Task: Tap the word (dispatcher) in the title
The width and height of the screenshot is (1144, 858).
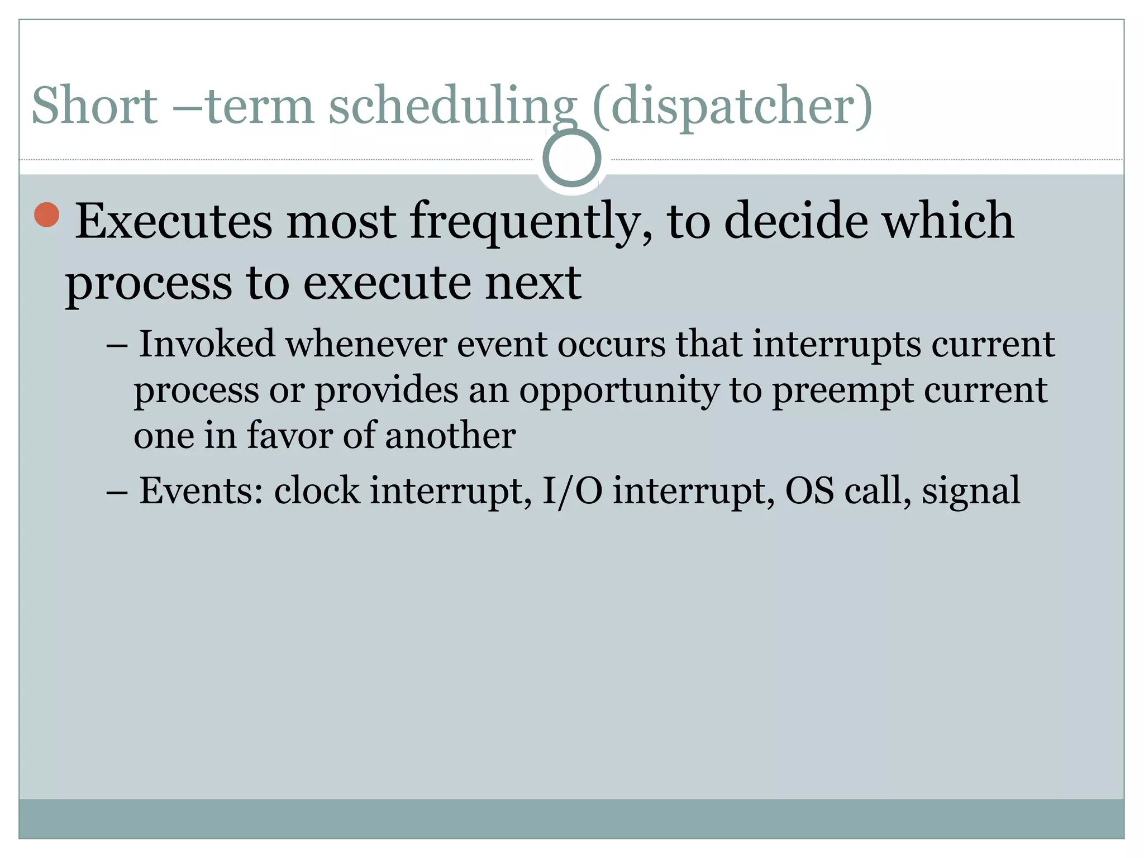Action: pyautogui.click(x=732, y=106)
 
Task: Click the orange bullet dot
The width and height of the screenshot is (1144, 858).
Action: pyautogui.click(x=47, y=215)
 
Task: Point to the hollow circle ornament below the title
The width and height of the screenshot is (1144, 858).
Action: pyautogui.click(x=571, y=158)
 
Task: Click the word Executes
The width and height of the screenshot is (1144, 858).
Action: pyautogui.click(x=174, y=221)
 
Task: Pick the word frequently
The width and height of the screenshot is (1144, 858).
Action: pyautogui.click(x=531, y=222)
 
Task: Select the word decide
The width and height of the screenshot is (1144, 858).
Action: pyautogui.click(x=796, y=221)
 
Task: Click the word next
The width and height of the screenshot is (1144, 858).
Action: pyautogui.click(x=533, y=283)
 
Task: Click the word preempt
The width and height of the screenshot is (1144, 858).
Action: pyautogui.click(x=843, y=390)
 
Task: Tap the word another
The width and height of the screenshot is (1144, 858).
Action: pyautogui.click(x=450, y=435)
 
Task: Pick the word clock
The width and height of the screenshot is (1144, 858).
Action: pyautogui.click(x=317, y=490)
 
